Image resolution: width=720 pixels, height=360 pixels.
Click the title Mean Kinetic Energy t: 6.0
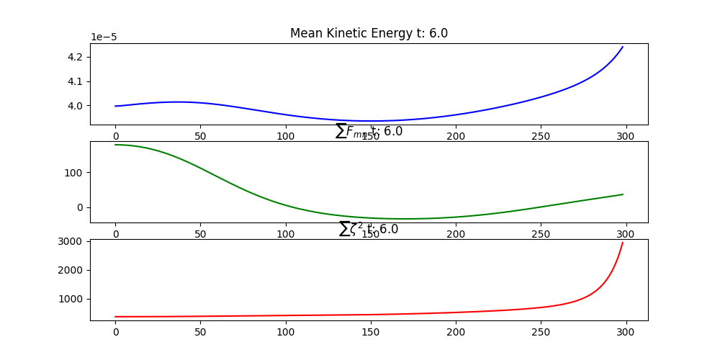click(x=369, y=33)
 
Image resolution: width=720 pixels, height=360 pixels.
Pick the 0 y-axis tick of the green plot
click(x=81, y=207)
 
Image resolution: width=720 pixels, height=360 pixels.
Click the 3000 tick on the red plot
click(x=72, y=241)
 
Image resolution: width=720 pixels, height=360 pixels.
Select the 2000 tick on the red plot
click(x=72, y=270)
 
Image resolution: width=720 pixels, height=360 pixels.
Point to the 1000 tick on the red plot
click(x=72, y=299)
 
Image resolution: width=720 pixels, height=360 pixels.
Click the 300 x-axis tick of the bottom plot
click(x=626, y=333)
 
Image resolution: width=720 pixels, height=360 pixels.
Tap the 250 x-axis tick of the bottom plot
click(x=540, y=333)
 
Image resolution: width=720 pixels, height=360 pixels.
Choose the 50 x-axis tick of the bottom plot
click(x=200, y=333)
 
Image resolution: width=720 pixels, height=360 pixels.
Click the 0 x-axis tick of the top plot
click(x=115, y=136)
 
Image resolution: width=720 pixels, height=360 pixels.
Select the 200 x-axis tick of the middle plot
click(x=455, y=235)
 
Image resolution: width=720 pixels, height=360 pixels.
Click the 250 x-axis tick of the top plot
click(x=540, y=136)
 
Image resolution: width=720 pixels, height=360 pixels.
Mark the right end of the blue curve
click(x=623, y=47)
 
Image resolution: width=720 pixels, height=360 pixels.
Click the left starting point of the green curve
click(x=115, y=145)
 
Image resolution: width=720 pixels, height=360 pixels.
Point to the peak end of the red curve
click(x=623, y=243)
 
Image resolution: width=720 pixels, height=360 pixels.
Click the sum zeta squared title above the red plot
click(x=369, y=230)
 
